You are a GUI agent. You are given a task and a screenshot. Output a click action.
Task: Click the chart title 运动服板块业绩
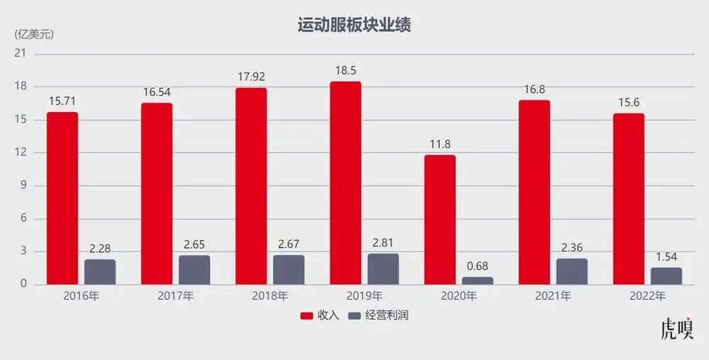pos(354,26)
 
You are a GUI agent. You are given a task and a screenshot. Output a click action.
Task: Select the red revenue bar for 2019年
pos(345,183)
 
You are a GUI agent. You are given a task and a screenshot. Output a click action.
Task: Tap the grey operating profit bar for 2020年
pos(477,281)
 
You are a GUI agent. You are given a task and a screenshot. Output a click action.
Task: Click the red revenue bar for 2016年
pos(62,198)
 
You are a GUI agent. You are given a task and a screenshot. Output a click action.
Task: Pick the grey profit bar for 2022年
pos(666,276)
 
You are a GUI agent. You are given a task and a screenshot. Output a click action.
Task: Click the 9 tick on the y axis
pos(23,186)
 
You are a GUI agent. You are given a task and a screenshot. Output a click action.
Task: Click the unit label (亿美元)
pos(34,33)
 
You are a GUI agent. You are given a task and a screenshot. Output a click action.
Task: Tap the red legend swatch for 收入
pos(307,315)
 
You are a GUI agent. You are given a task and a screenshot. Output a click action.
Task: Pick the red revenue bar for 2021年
pos(534,192)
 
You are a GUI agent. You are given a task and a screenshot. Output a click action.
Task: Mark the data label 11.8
pos(440,145)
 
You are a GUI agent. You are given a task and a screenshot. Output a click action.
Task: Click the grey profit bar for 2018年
pos(289,269)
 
